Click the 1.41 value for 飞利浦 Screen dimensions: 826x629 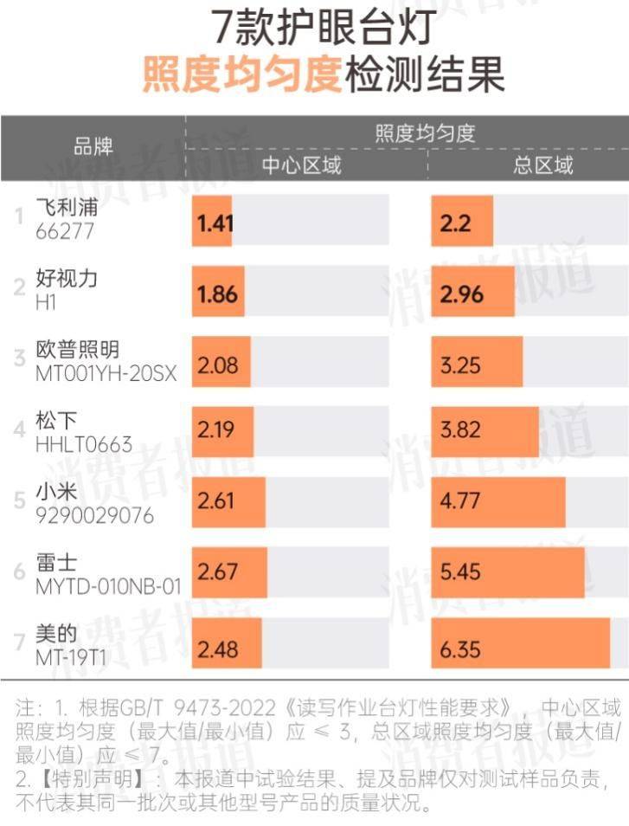pos(215,223)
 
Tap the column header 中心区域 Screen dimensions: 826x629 pos(302,165)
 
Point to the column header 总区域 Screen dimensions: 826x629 pos(543,165)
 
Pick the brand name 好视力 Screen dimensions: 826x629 pos(67,279)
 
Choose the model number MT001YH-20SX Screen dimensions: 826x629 pos(106,375)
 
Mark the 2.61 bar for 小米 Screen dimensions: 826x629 pos(229,502)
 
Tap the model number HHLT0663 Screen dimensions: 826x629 pos(84,445)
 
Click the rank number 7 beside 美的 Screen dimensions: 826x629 pos(19,642)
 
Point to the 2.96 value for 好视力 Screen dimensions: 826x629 pos(461,294)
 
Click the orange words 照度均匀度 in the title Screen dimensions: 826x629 pos(241,75)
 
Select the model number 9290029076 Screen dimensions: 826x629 pos(94,516)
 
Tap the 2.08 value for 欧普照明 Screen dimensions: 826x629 pos(217,365)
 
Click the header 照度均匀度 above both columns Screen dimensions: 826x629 pos(425,132)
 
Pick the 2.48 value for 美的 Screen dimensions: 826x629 pos(217,648)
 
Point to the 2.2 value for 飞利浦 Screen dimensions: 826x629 pos(455,223)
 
